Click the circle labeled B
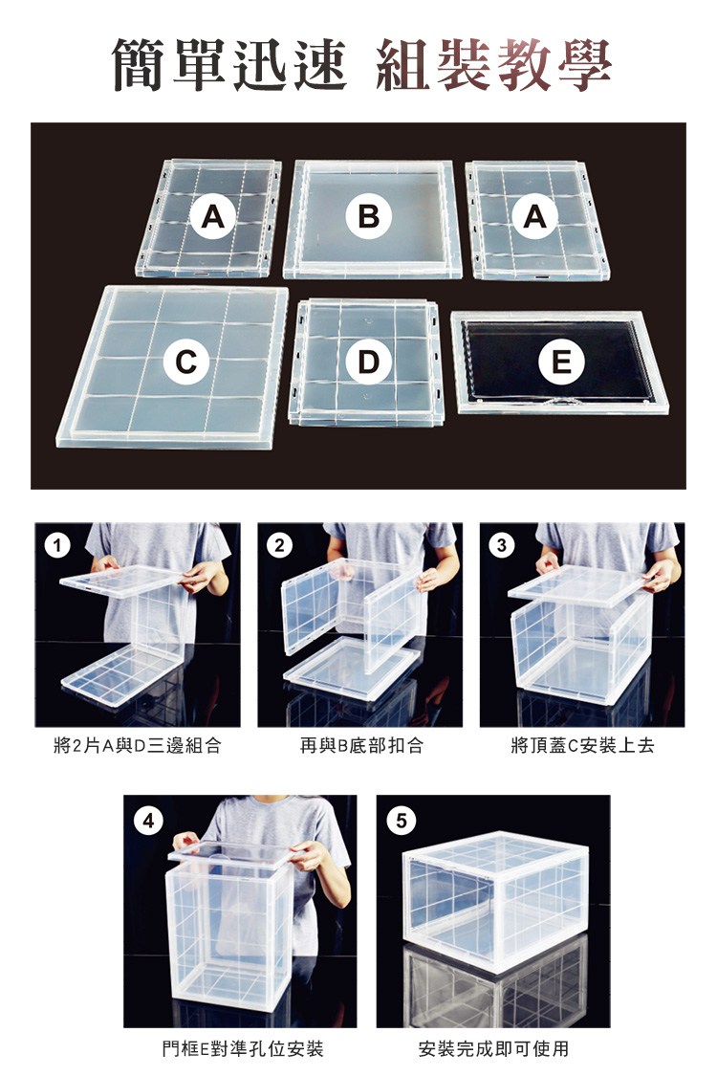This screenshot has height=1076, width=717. pyautogui.click(x=369, y=216)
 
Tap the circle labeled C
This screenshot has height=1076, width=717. pyautogui.click(x=185, y=361)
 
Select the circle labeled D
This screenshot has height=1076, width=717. pyautogui.click(x=368, y=361)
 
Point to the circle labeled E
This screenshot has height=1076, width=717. pyautogui.click(x=561, y=361)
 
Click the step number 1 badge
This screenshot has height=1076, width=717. pyautogui.click(x=57, y=545)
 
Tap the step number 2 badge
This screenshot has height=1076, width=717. pyautogui.click(x=279, y=545)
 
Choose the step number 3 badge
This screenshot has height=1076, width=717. pyautogui.click(x=502, y=545)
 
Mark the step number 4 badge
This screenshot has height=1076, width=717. pyautogui.click(x=149, y=820)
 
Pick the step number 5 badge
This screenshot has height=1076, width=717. pyautogui.click(x=402, y=820)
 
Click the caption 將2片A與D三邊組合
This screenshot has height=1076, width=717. pyautogui.click(x=138, y=745)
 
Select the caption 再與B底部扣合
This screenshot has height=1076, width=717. pyautogui.click(x=361, y=745)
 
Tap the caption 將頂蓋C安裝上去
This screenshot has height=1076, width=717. pyautogui.click(x=582, y=745)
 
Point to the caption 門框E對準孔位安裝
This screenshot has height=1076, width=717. pyautogui.click(x=242, y=1048)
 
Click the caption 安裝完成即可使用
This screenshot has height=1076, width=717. pyautogui.click(x=493, y=1048)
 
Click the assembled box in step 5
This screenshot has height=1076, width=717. pyautogui.click(x=495, y=900)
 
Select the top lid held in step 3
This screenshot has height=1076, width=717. pyautogui.click(x=580, y=584)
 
